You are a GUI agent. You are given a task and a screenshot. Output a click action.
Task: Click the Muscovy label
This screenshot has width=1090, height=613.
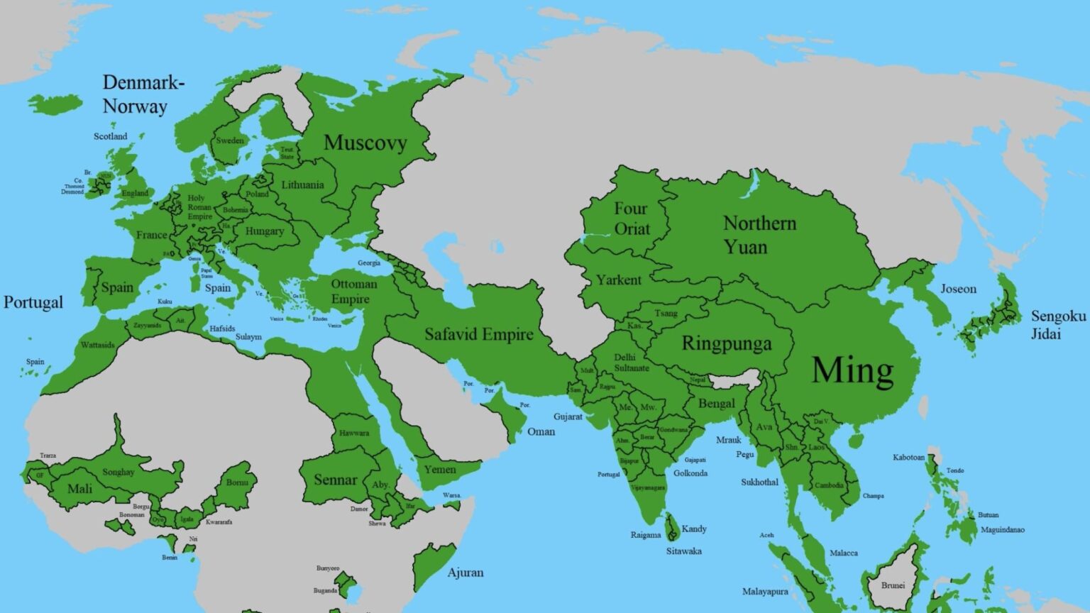[365, 143]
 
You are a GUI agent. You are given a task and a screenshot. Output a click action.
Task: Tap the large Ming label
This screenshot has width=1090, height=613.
[852, 370]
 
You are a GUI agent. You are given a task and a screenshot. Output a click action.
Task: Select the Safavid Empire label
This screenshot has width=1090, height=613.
[478, 334]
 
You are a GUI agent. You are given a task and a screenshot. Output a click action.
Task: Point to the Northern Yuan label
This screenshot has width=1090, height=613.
[759, 235]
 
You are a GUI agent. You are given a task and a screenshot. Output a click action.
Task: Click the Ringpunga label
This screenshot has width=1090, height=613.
[726, 344]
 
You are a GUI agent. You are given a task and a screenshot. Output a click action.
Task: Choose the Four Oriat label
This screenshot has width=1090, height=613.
[631, 219]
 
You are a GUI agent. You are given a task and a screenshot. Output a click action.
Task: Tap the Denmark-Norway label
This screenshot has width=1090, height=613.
[143, 94]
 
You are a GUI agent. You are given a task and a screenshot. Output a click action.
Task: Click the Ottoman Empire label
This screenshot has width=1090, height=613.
[353, 292]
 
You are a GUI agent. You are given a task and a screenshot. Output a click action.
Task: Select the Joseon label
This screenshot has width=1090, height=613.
[958, 289]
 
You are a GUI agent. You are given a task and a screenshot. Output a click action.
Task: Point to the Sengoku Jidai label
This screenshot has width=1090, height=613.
[1058, 324]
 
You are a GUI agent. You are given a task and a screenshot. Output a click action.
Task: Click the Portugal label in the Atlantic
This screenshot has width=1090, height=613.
[33, 302]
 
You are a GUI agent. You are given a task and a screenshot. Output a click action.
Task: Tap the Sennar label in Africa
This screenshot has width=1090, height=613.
[335, 480]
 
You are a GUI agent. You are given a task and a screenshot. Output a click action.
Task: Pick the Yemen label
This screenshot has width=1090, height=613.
[440, 469]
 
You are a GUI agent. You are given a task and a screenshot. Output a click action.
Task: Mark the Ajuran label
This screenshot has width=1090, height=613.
[466, 573]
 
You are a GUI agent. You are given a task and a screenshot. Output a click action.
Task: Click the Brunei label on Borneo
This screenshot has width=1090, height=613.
[893, 585]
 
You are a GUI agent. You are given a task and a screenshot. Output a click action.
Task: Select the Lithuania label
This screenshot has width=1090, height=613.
[302, 185]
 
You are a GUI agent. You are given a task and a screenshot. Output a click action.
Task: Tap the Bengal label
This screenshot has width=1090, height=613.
[717, 404]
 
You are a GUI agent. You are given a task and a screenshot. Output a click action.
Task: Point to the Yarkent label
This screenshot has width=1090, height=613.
[618, 280]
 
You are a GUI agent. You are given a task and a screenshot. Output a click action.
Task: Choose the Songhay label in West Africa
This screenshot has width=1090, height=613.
[119, 472]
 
